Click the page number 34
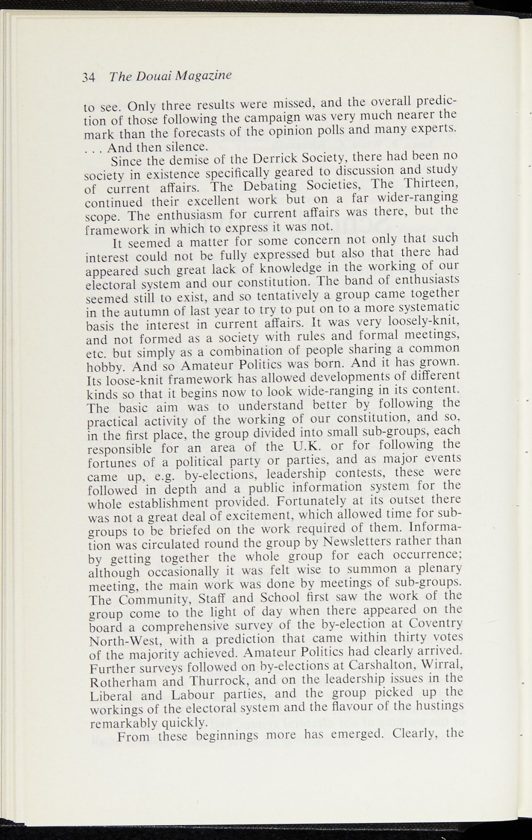pos(89,78)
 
